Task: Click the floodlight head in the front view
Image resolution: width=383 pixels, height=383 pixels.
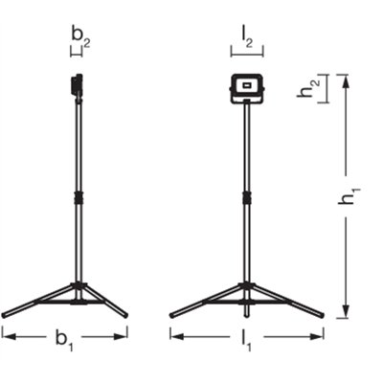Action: [247, 89]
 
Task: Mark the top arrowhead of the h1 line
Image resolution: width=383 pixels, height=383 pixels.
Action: [346, 79]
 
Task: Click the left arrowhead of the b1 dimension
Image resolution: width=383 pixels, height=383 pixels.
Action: [7, 333]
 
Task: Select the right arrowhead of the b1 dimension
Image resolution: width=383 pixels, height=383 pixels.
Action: [124, 333]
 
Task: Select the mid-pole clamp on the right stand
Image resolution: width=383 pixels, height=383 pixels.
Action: [247, 198]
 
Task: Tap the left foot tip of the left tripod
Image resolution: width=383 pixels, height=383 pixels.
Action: [6, 313]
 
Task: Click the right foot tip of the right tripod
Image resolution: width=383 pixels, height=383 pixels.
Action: [321, 313]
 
